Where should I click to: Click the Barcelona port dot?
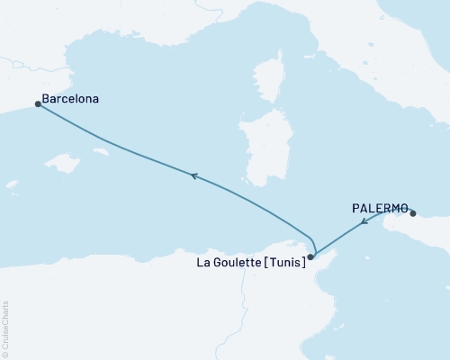(38, 104)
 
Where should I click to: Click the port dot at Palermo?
(413, 213)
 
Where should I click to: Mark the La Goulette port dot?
(310, 256)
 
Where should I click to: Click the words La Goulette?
(229, 264)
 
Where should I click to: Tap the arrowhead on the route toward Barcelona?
(192, 176)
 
